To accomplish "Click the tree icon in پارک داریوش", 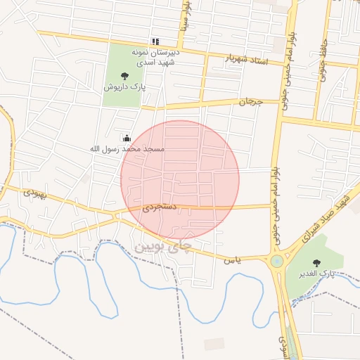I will click(x=124, y=75).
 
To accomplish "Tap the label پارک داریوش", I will click(x=124, y=87).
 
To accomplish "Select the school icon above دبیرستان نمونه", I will click(x=155, y=41).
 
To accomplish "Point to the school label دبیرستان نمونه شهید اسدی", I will click(x=155, y=57).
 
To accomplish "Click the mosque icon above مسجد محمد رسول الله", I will click(x=127, y=138).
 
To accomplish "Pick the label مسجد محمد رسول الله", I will click(x=127, y=149).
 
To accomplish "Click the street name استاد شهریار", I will click(x=247, y=60).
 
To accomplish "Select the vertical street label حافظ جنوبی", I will click(x=324, y=56).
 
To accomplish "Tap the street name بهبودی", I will click(x=34, y=191).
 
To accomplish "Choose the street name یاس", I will click(x=233, y=260).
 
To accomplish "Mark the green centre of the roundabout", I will click(x=276, y=262).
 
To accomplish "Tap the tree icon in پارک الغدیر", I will click(x=314, y=262).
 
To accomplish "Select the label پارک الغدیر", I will click(x=314, y=273).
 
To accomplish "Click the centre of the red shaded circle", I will click(x=180, y=180).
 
